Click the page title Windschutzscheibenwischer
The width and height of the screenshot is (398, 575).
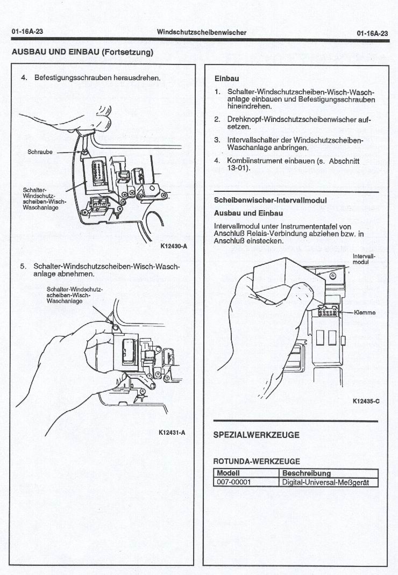[201, 32]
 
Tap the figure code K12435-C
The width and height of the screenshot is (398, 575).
[366, 401]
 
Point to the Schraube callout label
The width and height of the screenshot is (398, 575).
[40, 152]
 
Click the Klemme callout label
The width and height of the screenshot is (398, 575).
[365, 313]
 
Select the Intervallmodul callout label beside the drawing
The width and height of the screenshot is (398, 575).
[364, 259]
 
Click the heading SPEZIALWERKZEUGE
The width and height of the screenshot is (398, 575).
[257, 435]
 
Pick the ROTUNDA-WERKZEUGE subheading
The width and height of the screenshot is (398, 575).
[257, 461]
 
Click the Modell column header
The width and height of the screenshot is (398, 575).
[228, 473]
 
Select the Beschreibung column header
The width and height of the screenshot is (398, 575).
[307, 473]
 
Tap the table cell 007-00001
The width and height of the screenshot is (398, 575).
[233, 482]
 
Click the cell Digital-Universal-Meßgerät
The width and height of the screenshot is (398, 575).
[326, 482]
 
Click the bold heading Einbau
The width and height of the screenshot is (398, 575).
[226, 78]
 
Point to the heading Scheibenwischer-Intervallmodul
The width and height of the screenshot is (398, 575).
[270, 200]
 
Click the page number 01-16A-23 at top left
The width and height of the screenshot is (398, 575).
[27, 32]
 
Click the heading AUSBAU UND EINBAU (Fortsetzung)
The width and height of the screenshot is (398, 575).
[82, 52]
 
